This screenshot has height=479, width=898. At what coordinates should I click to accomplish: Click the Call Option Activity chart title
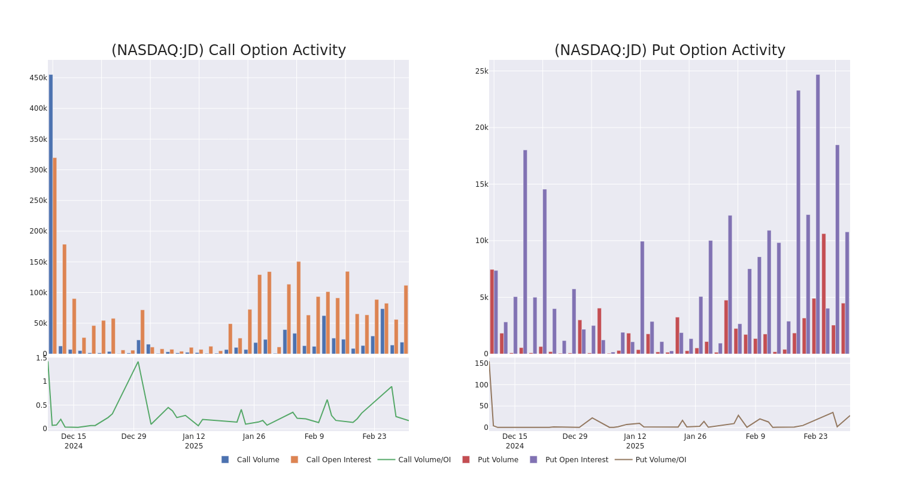pyautogui.click(x=228, y=51)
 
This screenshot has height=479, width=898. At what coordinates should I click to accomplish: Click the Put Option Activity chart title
pyautogui.click(x=669, y=51)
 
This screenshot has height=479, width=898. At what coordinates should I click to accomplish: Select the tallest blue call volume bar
pyautogui.click(x=51, y=214)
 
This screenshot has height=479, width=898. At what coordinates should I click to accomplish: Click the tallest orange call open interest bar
pyautogui.click(x=54, y=256)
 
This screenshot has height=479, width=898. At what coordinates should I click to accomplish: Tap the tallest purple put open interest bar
pyautogui.click(x=818, y=214)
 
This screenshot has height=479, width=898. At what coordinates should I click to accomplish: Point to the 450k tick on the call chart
pyautogui.click(x=38, y=78)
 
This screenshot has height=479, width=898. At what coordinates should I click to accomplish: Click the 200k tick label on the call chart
pyautogui.click(x=38, y=231)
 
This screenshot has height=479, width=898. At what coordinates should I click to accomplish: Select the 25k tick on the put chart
pyautogui.click(x=481, y=71)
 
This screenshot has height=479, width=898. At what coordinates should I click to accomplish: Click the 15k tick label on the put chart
pyautogui.click(x=481, y=184)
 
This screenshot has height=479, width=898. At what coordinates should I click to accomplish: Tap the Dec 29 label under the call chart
pyautogui.click(x=134, y=436)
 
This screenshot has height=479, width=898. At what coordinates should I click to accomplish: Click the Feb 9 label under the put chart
pyautogui.click(x=756, y=436)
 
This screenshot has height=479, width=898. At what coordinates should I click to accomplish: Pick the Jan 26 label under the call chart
pyautogui.click(x=254, y=436)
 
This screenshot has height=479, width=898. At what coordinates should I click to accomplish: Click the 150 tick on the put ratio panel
pyautogui.click(x=481, y=363)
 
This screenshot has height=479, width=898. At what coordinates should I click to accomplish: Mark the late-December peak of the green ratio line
pyautogui.click(x=138, y=362)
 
